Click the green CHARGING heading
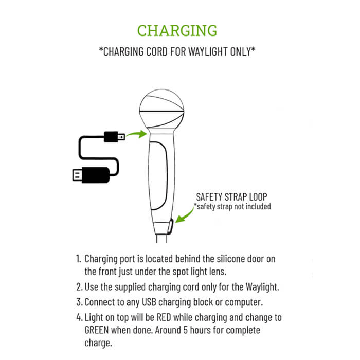pyautogui.click(x=177, y=30)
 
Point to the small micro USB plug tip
pyautogui.click(x=121, y=137)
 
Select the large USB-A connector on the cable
pyautogui.click(x=91, y=175)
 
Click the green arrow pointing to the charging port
pyautogui.click(x=137, y=134)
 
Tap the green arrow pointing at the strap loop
pyautogui.click(x=185, y=215)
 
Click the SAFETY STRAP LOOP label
pyautogui.click(x=231, y=197)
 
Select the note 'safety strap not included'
pyautogui.click(x=232, y=206)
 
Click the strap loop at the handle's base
pyautogui.click(x=171, y=227)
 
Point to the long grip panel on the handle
pyautogui.click(x=158, y=176)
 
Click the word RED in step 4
pyautogui.click(x=164, y=317)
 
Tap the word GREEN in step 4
pyautogui.click(x=97, y=330)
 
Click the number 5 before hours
pyautogui.click(x=185, y=330)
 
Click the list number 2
pyautogui.click(x=79, y=287)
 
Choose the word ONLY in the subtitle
pyautogui.click(x=240, y=51)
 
